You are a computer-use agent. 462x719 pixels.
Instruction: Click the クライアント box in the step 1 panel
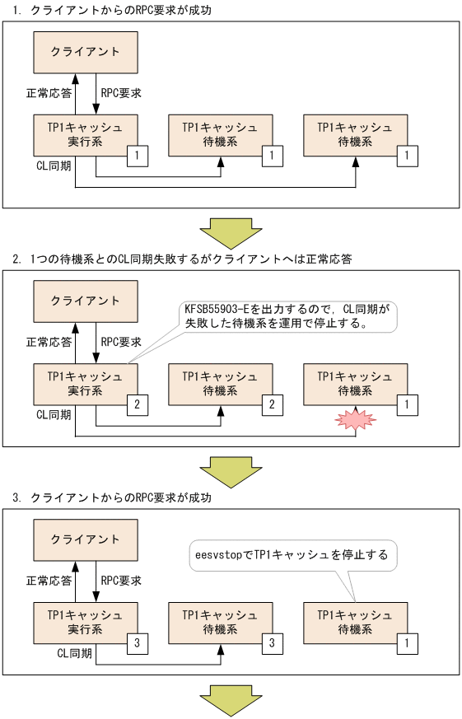(85, 51)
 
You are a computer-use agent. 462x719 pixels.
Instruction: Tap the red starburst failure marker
(355, 420)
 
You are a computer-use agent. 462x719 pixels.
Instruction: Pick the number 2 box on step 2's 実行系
(138, 404)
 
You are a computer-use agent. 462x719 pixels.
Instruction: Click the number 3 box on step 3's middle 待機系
(273, 642)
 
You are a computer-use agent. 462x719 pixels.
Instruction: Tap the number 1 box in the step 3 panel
(408, 642)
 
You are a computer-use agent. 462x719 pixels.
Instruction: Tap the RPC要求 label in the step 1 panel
(120, 93)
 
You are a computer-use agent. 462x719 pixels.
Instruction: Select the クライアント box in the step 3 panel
(85, 539)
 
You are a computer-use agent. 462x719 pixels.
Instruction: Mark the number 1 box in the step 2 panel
(408, 404)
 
